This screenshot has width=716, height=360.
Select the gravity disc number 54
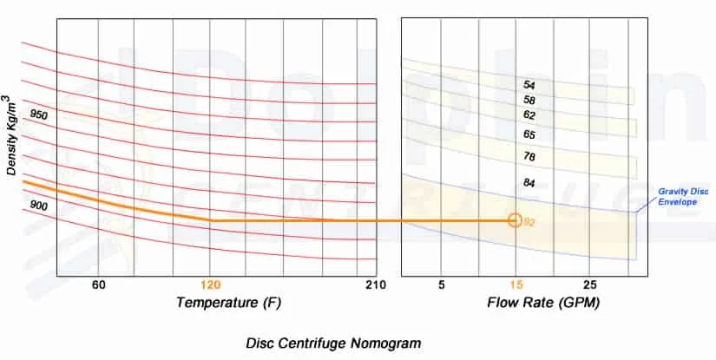[529, 85]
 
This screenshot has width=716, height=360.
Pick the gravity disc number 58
[529, 101]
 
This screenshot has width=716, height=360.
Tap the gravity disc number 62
[529, 115]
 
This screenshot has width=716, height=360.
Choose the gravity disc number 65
[529, 134]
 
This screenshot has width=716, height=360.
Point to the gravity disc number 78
[529, 156]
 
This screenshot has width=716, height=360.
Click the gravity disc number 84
[529, 183]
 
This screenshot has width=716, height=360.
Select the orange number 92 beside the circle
[529, 222]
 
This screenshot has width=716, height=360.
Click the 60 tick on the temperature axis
[98, 285]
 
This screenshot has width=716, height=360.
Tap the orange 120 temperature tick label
[210, 285]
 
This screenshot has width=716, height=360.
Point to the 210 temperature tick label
[375, 285]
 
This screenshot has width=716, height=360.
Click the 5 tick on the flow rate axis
[442, 285]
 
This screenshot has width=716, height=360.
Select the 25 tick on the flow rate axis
[589, 285]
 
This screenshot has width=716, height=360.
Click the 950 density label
[39, 115]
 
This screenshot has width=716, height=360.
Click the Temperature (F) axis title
[228, 303]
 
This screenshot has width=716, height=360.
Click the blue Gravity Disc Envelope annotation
[682, 195]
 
